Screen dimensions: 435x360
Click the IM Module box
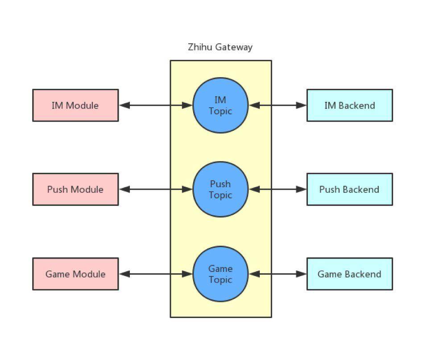click(75, 105)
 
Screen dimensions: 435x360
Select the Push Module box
click(75, 189)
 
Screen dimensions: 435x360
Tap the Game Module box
click(75, 274)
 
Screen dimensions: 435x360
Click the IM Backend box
click(349, 105)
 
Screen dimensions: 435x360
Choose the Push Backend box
click(349, 189)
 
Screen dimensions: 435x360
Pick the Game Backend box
click(349, 274)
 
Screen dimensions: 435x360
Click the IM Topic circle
click(220, 105)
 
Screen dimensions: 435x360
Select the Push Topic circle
click(220, 189)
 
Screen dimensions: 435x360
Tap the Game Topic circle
click(220, 274)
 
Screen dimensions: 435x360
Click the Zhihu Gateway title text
click(220, 47)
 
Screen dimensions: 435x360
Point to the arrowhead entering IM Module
click(124, 105)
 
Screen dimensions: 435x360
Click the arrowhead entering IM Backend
click(301, 105)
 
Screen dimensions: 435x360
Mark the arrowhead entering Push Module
click(124, 189)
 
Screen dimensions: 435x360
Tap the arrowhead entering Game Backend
click(301, 274)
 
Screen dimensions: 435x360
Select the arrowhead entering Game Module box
click(124, 274)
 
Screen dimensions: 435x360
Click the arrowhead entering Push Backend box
click(301, 189)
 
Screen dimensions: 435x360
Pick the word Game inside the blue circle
click(220, 268)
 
